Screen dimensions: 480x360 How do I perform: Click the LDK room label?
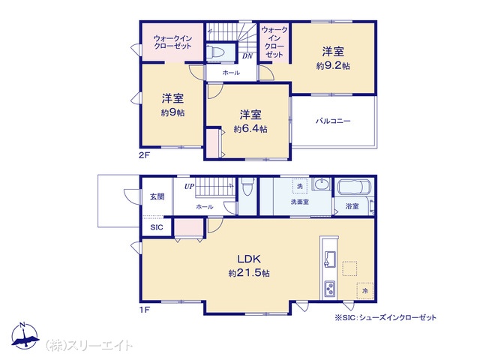(x=249, y=259)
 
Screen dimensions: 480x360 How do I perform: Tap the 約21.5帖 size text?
(x=249, y=273)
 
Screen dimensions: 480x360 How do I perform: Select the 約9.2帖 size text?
(x=333, y=66)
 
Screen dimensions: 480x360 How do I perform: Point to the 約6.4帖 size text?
(x=250, y=129)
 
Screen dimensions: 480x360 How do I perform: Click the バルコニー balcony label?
(x=333, y=121)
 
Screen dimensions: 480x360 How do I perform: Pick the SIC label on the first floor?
(x=157, y=227)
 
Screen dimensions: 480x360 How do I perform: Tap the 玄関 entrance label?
(x=157, y=196)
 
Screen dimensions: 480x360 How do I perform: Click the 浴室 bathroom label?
(x=352, y=206)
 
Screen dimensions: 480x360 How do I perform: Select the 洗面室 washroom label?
(x=300, y=202)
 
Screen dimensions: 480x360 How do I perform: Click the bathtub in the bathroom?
(x=354, y=187)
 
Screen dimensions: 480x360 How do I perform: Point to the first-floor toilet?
(x=247, y=186)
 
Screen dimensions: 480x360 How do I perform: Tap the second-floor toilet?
(x=216, y=52)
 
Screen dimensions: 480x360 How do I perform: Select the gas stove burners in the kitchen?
(x=330, y=289)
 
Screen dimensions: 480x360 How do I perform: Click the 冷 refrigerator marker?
(x=365, y=291)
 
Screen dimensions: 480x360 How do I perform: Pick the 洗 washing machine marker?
(x=300, y=186)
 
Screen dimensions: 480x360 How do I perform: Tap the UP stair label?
(x=189, y=186)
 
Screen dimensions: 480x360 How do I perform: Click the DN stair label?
(x=247, y=56)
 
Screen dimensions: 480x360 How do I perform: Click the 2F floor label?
(x=144, y=155)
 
